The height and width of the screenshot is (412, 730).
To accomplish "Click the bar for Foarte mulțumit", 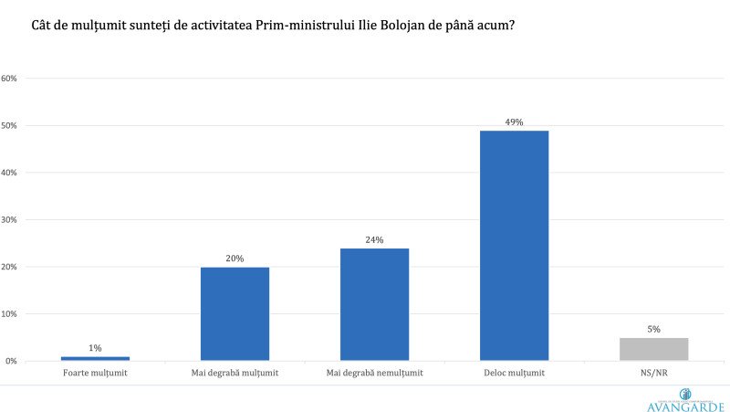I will pos(95,358).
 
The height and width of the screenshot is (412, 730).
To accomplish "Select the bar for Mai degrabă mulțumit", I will pos(235,313).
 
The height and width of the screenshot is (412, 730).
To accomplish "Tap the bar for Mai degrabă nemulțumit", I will pos(374,304).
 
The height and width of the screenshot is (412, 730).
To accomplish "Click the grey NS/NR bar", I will pos(653,349).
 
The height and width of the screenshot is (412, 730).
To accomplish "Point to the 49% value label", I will pos(514,121).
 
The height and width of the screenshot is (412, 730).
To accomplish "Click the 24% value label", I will pos(374,239).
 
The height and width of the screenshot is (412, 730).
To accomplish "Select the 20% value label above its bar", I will pos(235,259).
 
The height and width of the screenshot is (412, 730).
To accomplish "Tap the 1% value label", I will pos(95,347).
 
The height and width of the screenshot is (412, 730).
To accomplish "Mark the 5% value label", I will pos(653,329).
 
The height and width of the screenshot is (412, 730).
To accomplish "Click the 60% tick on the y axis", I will pos(10,78).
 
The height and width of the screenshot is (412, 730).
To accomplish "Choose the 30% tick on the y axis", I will pos(10,219).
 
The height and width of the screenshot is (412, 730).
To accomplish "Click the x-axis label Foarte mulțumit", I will pos(95,373).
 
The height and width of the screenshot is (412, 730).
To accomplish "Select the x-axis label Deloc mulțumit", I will pos(514,373).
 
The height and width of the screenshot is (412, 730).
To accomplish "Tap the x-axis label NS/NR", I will pos(653,373).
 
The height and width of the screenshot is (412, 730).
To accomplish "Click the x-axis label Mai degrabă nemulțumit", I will pos(374,373).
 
